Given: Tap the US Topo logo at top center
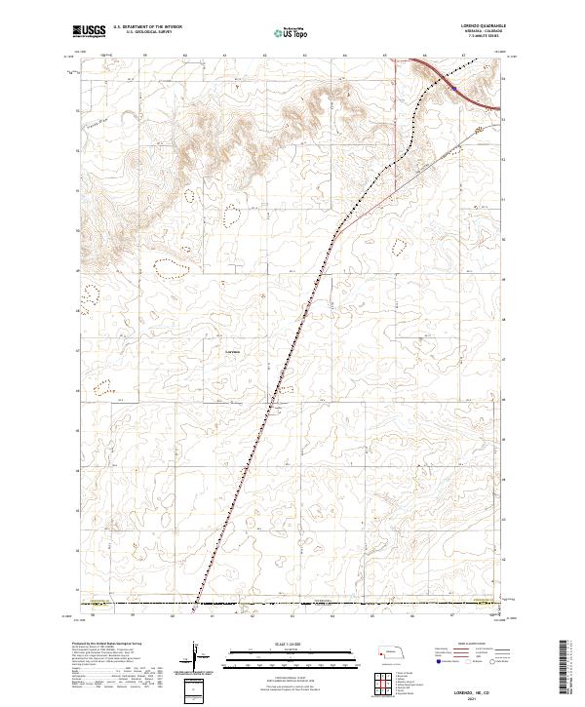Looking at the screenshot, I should (x=292, y=34).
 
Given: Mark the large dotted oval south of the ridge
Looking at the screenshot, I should (x=175, y=263).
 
